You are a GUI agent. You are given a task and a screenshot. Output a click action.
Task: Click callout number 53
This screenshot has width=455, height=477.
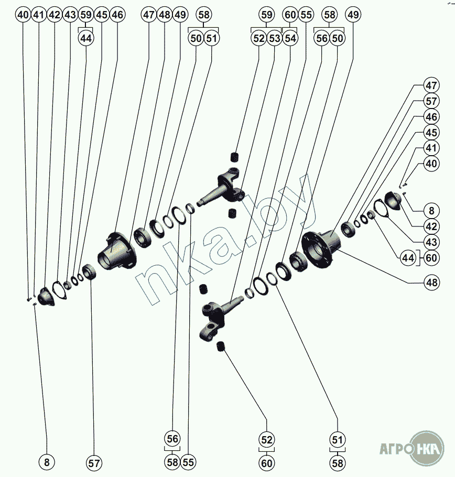275,38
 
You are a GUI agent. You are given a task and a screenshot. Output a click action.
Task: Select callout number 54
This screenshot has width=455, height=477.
290,38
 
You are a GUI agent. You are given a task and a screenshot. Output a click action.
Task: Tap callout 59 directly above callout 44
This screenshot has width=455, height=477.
86,15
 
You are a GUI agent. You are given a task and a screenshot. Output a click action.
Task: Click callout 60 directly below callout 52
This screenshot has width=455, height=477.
267,463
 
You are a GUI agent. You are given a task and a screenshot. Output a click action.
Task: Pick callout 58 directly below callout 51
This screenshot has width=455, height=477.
338,463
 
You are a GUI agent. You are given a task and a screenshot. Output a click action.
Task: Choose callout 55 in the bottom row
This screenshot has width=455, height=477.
188,462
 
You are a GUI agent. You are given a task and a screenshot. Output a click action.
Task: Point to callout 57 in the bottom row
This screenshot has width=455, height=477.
94,463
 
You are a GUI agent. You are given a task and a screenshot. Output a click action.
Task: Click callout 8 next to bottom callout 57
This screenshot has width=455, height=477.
47,462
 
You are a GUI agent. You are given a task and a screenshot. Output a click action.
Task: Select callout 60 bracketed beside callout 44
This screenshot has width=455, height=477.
431,258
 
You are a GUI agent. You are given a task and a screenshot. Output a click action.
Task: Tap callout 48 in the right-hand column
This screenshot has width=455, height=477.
431,283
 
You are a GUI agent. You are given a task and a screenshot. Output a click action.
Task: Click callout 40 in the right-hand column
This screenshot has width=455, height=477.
431,164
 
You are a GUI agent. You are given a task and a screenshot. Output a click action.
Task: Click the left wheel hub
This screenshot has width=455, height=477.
117,252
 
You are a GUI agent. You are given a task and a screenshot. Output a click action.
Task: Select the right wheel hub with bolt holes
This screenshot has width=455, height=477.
322,248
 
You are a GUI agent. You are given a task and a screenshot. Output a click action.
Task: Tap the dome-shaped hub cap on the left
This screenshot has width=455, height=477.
46,296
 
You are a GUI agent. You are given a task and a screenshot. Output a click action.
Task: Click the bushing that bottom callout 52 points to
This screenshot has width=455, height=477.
221,346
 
